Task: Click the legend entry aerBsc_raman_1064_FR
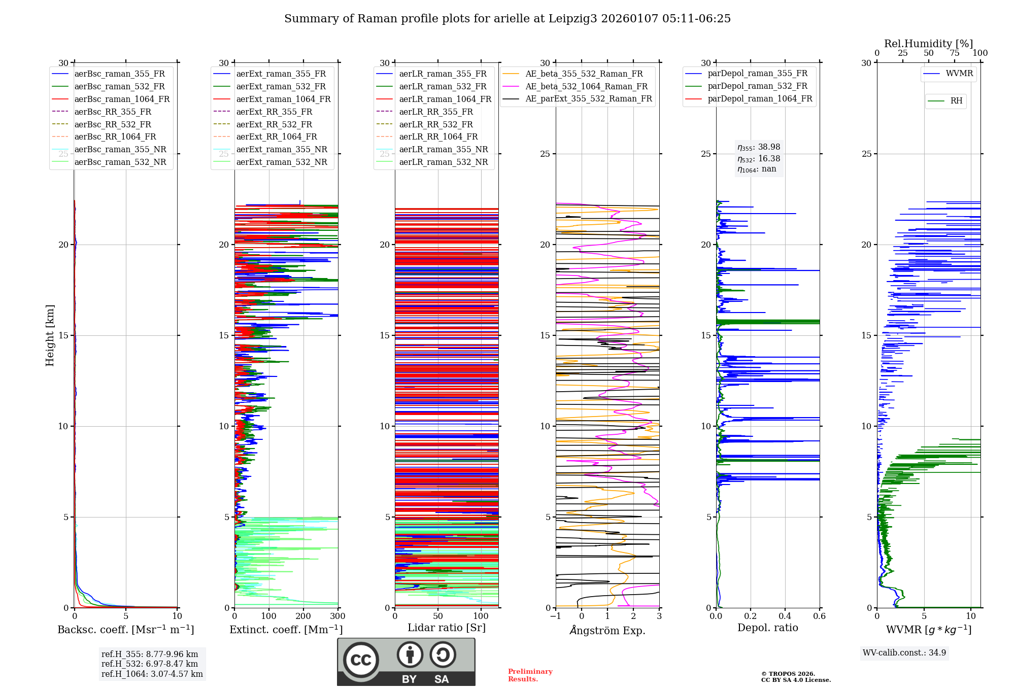(122, 99)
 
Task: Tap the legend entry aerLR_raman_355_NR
(443, 150)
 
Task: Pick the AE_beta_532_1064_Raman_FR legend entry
(586, 87)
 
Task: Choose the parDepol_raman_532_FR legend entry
(757, 86)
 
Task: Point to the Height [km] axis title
(50, 335)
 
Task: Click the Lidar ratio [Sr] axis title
(447, 628)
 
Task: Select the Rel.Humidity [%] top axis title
(928, 44)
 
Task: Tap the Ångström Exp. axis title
(607, 631)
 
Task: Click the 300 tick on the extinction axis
(337, 616)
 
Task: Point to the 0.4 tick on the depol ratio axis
(785, 616)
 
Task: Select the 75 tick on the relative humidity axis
(955, 53)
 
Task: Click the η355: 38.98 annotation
(759, 147)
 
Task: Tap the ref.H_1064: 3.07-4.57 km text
(152, 674)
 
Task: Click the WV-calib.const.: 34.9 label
(904, 653)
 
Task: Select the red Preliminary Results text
(530, 675)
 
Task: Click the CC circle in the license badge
(361, 660)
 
